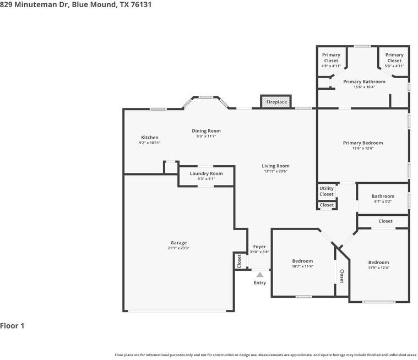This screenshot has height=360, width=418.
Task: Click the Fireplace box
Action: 276,102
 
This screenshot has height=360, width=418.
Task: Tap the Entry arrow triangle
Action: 259,275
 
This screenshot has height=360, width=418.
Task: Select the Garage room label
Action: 178,243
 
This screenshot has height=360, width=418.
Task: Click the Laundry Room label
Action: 207,173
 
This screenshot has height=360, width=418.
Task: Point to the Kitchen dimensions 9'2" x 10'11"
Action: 150,143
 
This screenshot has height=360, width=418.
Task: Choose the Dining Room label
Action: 207,131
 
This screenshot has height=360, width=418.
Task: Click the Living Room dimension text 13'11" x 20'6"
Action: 275,171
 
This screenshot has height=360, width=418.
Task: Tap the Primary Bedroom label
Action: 363,143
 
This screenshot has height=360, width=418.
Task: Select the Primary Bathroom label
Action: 364,81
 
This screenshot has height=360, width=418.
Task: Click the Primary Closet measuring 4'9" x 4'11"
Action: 331,60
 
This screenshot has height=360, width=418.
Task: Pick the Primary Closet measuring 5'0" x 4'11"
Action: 394,60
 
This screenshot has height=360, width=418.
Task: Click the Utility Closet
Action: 327,191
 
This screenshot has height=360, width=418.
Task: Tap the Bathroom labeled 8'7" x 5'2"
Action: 383,199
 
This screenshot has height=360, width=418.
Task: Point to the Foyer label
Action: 259,247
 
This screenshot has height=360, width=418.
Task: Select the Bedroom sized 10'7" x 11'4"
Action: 302,263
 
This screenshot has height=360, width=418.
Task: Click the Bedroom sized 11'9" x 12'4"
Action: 378,265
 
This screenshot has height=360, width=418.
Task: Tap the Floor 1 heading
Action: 12,326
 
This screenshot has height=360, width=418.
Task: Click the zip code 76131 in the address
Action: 141,4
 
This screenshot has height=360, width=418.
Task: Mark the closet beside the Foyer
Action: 239,261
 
